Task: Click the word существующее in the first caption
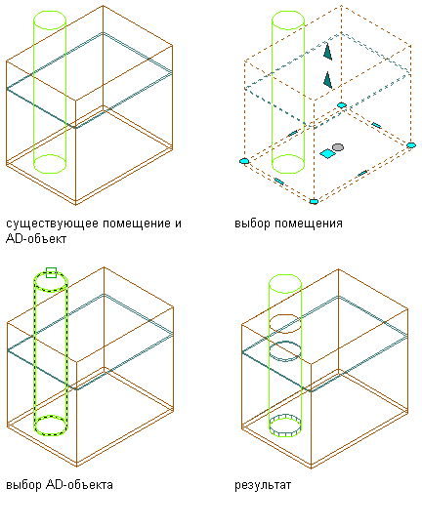point(52,223)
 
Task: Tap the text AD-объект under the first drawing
point(36,239)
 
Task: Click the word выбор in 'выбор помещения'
point(252,223)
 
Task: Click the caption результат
point(263,485)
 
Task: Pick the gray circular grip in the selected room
point(338,147)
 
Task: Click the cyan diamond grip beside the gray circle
point(327,154)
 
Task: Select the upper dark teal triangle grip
point(327,52)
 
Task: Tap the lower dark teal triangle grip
point(327,80)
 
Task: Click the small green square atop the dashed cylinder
point(51,272)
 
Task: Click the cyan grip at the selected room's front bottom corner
point(314,201)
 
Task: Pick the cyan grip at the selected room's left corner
point(244,161)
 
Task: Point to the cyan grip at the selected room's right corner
point(411,145)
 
